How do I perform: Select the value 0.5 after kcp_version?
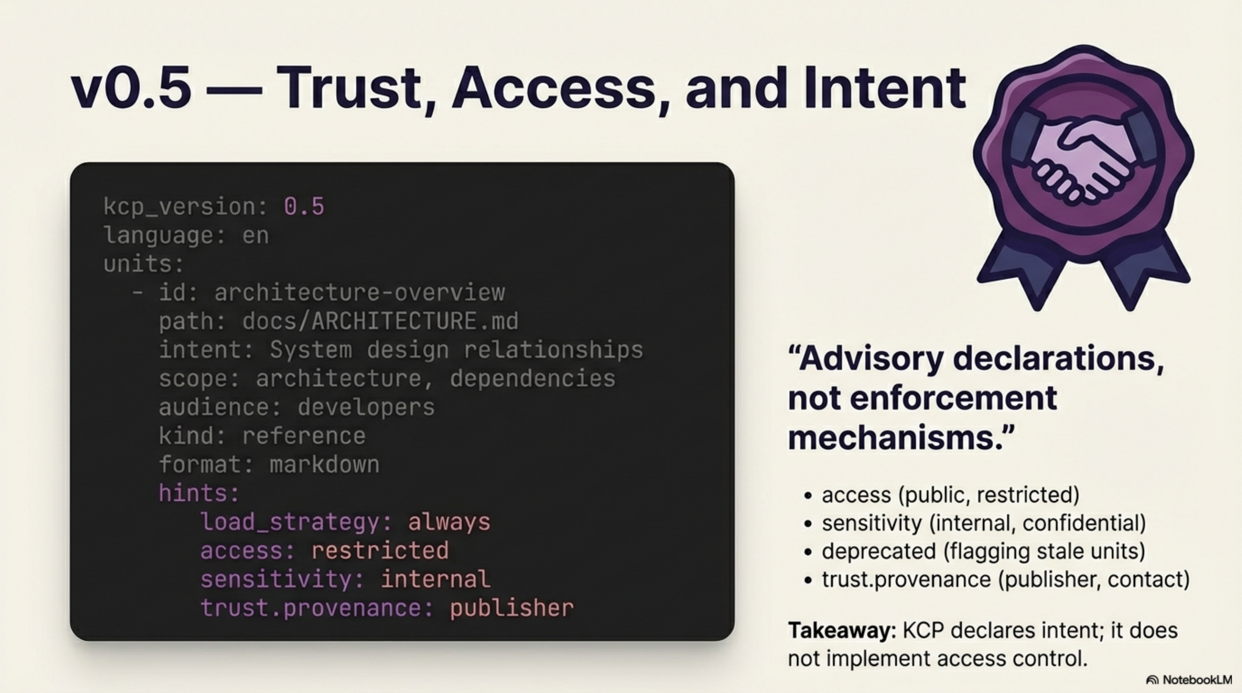304,206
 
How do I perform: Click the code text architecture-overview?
359,292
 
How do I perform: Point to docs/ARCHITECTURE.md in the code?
380,321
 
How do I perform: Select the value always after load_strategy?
449,522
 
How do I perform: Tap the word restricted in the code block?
380,551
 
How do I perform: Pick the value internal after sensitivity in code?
435,579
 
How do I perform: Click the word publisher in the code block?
512,608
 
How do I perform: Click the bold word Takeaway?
841,630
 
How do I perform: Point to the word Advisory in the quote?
872,359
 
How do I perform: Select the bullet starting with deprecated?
983,551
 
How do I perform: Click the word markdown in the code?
324,465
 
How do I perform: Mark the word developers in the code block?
366,407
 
